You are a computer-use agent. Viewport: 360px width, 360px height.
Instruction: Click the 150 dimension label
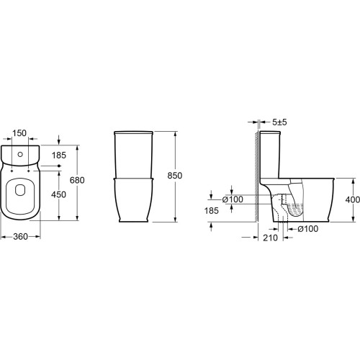[x=19, y=133]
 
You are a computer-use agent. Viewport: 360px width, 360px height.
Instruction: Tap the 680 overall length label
[x=77, y=180]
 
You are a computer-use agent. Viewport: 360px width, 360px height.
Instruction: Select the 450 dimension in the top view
[x=58, y=194]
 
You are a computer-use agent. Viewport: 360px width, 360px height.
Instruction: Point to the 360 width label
[x=21, y=237]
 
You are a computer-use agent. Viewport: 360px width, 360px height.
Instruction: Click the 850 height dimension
[x=175, y=176]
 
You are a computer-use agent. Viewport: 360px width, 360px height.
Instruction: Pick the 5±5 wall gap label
[x=279, y=122]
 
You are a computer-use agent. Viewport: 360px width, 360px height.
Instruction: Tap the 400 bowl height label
[x=353, y=199]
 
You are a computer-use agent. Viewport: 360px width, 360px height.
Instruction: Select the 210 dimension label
[x=270, y=238]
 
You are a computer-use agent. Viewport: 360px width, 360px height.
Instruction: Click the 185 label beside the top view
[x=59, y=156]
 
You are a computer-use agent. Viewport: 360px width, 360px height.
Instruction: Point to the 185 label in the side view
[x=212, y=211]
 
